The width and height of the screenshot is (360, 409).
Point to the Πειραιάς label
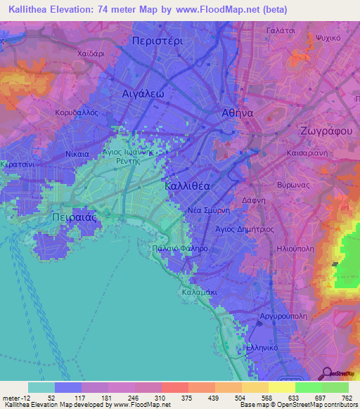pos(74,218)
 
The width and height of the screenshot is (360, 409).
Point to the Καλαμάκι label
pos(201,292)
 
